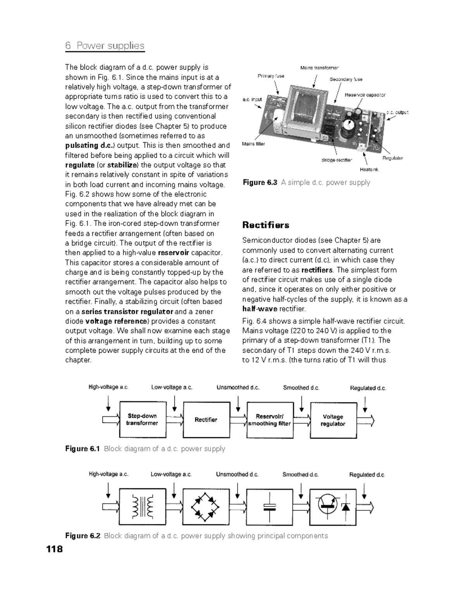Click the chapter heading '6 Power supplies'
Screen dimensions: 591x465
click(x=105, y=46)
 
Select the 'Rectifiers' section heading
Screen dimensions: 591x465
click(x=265, y=225)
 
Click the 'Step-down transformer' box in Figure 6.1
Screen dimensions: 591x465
click(x=142, y=420)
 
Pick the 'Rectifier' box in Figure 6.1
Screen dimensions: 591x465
click(x=206, y=420)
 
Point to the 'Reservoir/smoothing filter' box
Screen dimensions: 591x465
click(x=269, y=420)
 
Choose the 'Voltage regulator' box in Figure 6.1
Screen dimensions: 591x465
click(x=333, y=420)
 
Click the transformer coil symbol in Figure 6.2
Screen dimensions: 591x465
click(x=142, y=507)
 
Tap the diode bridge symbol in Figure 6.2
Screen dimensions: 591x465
click(x=205, y=507)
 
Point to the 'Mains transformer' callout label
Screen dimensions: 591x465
click(x=319, y=68)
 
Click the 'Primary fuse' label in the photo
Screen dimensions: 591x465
click(x=271, y=76)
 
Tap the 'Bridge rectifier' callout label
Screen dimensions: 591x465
click(x=337, y=160)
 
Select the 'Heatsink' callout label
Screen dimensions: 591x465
click(x=369, y=169)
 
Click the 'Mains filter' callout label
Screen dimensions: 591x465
click(x=253, y=144)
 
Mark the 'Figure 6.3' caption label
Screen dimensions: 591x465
click(x=260, y=182)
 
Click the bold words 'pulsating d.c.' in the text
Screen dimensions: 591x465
click(x=90, y=146)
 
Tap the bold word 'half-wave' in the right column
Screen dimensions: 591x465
click(x=260, y=309)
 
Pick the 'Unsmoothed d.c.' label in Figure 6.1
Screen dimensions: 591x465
click(x=238, y=387)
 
